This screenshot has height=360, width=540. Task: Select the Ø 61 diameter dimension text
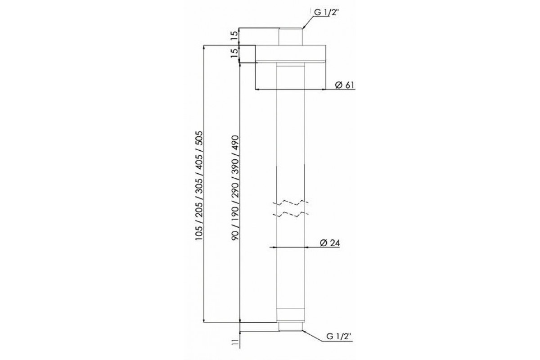pyautogui.click(x=345, y=85)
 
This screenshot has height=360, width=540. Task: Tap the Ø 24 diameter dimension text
pyautogui.click(x=330, y=243)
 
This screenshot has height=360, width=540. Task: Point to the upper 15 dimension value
pyautogui.click(x=234, y=36)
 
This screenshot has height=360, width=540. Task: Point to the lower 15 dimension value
pyautogui.click(x=234, y=53)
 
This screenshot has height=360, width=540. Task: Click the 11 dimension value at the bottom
pyautogui.click(x=234, y=342)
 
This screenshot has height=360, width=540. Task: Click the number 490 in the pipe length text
pyautogui.click(x=235, y=143)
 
